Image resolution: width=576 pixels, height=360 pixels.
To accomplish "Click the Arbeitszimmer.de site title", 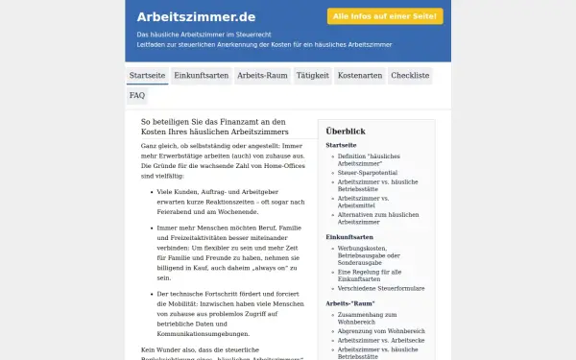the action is (x=196, y=16).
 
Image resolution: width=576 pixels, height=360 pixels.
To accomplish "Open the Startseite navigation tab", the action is (x=147, y=75).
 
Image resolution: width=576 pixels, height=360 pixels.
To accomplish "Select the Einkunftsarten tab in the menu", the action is (x=201, y=75).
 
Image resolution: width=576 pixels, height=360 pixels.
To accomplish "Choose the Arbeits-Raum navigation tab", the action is (x=262, y=75).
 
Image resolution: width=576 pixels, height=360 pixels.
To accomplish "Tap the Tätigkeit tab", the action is (x=313, y=75).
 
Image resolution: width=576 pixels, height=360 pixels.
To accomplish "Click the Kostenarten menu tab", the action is (x=360, y=75).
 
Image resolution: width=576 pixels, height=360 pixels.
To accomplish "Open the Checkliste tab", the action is (x=410, y=75).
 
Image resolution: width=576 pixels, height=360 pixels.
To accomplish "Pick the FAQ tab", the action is (x=137, y=96).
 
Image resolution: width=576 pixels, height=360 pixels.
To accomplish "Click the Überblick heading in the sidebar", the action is (x=346, y=131).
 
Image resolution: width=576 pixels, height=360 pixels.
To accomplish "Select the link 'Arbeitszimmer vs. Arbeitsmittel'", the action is (x=370, y=202).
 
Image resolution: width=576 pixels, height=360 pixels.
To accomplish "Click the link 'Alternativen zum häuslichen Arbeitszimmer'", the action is (x=378, y=218).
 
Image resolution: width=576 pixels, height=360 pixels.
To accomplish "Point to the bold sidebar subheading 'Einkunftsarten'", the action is (x=348, y=236).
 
